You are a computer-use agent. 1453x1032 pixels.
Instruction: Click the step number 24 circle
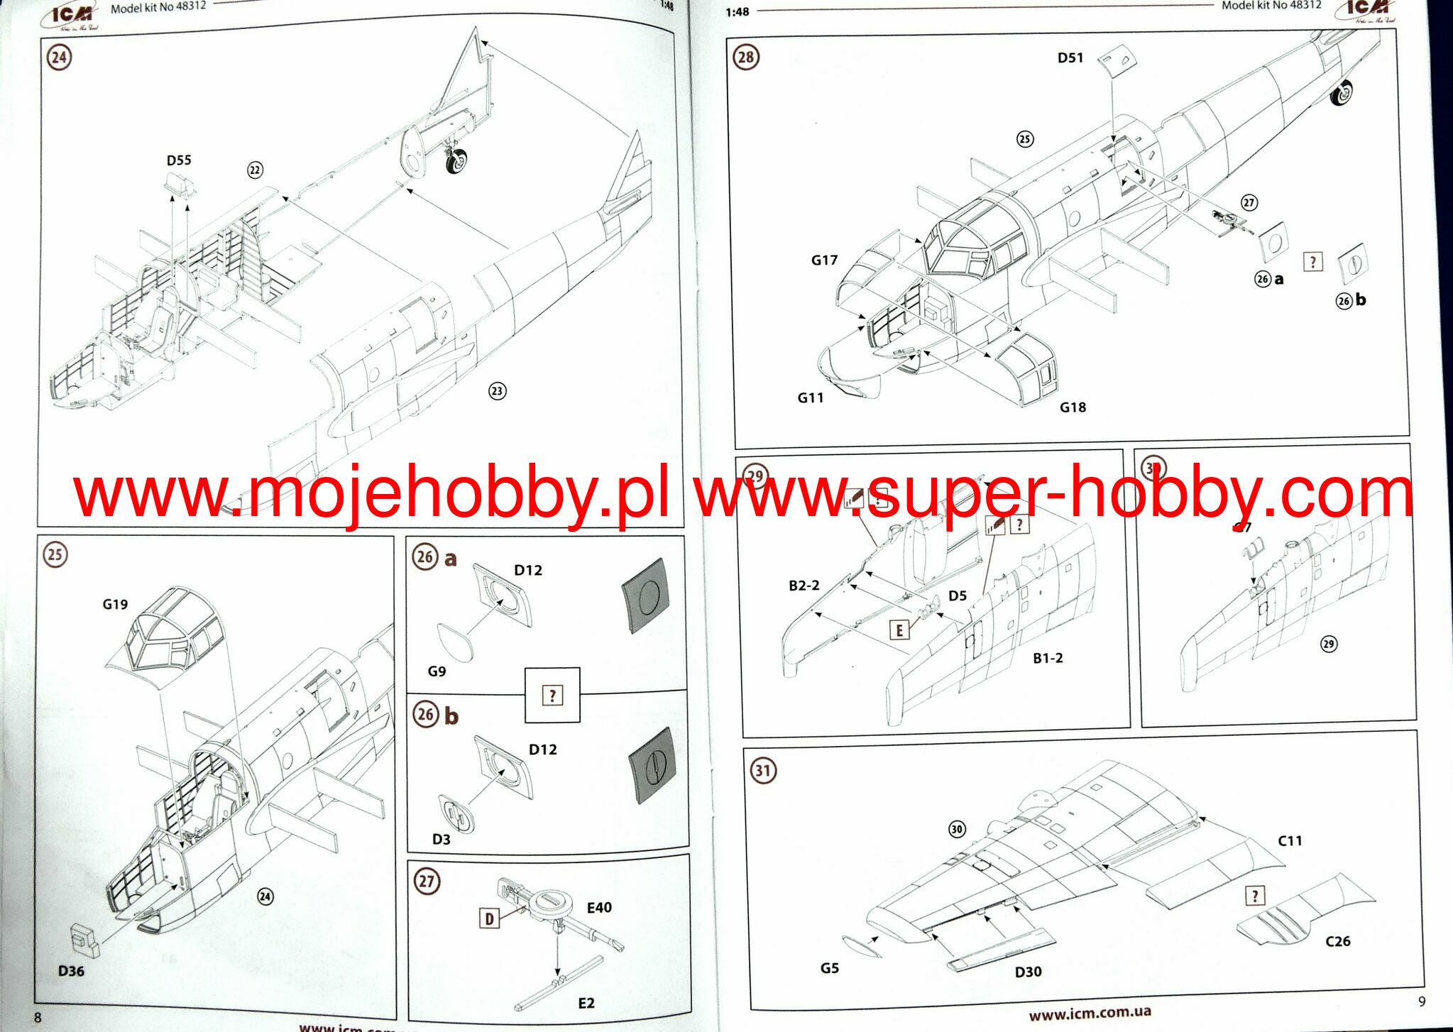pyautogui.click(x=59, y=57)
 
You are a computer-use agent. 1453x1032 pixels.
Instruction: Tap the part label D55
pyautogui.click(x=179, y=160)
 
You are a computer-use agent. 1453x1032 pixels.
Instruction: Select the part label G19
pyautogui.click(x=115, y=604)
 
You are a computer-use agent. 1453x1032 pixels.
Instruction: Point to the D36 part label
pyautogui.click(x=71, y=971)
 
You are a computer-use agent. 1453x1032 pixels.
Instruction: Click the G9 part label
pyautogui.click(x=437, y=671)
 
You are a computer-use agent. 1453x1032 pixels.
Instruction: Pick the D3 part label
pyautogui.click(x=442, y=839)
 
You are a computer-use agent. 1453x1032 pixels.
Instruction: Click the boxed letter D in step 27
pyautogui.click(x=489, y=918)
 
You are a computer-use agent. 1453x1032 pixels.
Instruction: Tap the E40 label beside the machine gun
pyautogui.click(x=599, y=907)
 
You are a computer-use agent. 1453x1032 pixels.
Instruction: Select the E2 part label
pyautogui.click(x=586, y=1003)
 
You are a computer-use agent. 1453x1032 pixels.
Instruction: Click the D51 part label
pyautogui.click(x=1070, y=57)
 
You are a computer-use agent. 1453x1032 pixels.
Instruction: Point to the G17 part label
pyautogui.click(x=824, y=260)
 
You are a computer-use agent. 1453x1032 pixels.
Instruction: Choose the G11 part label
pyautogui.click(x=811, y=398)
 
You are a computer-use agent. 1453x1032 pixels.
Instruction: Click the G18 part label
pyautogui.click(x=1073, y=407)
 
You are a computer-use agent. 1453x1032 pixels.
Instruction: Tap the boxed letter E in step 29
pyautogui.click(x=899, y=630)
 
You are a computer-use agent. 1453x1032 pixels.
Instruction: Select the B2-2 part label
pyautogui.click(x=804, y=586)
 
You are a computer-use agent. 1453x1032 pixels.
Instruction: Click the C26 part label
pyautogui.click(x=1338, y=941)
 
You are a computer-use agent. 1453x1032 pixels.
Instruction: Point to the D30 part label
pyautogui.click(x=1028, y=972)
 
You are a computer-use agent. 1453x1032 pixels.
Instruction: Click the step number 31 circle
pyautogui.click(x=763, y=770)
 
